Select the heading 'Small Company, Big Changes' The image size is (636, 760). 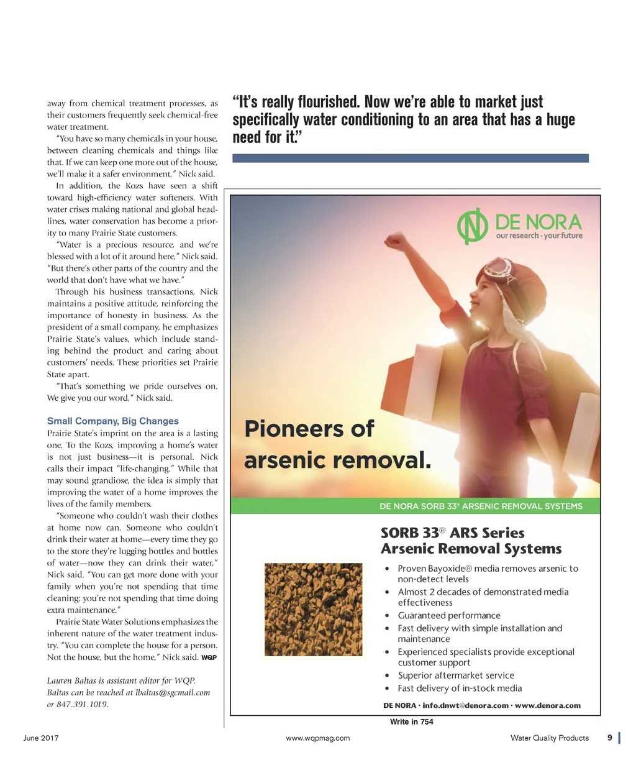113,421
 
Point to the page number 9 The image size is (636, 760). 610,738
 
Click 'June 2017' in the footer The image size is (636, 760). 41,738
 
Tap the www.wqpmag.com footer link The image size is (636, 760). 318,738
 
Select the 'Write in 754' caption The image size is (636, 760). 412,722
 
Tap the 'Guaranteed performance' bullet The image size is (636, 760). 449,615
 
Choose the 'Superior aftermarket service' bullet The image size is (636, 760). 456,675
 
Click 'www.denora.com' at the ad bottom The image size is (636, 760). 547,706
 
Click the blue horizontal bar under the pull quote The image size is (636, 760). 410,158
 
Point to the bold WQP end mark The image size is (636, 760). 209,657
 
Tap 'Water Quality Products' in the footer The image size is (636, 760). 549,738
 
